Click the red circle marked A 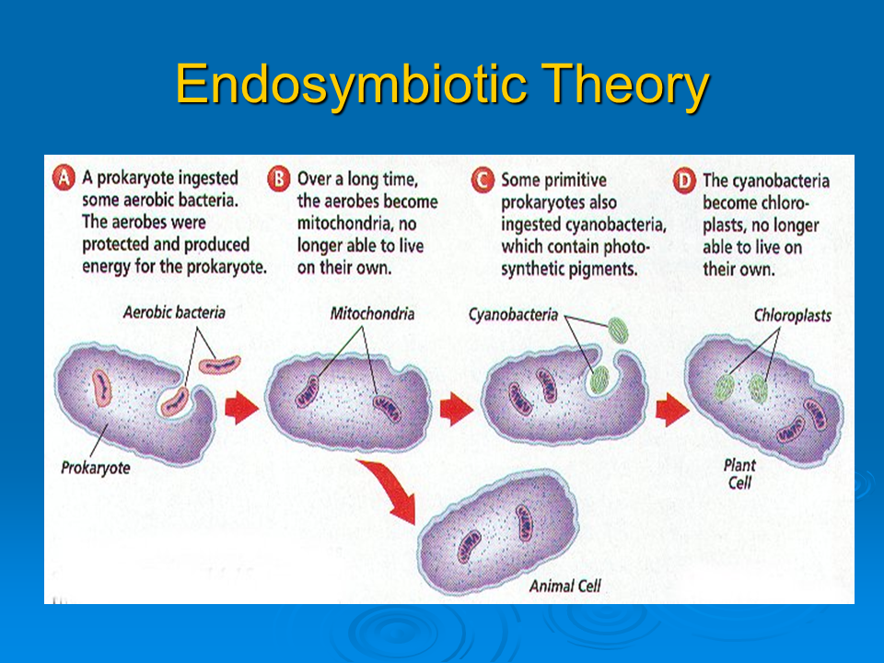click(x=64, y=178)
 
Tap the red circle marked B click(x=278, y=180)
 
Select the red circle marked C click(x=483, y=180)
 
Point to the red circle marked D click(x=684, y=181)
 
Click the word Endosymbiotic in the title click(x=351, y=85)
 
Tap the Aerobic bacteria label click(x=174, y=312)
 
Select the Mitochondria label click(x=372, y=313)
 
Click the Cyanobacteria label click(x=513, y=315)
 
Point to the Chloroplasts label click(x=793, y=316)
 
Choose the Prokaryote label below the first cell click(x=95, y=468)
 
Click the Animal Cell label click(x=564, y=587)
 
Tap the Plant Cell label click(x=739, y=473)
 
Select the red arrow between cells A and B click(x=241, y=407)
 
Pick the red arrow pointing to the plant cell click(x=672, y=409)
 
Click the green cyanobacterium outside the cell click(x=617, y=331)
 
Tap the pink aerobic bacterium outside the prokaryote click(x=220, y=365)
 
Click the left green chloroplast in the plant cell click(x=724, y=388)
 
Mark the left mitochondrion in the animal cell click(x=469, y=546)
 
